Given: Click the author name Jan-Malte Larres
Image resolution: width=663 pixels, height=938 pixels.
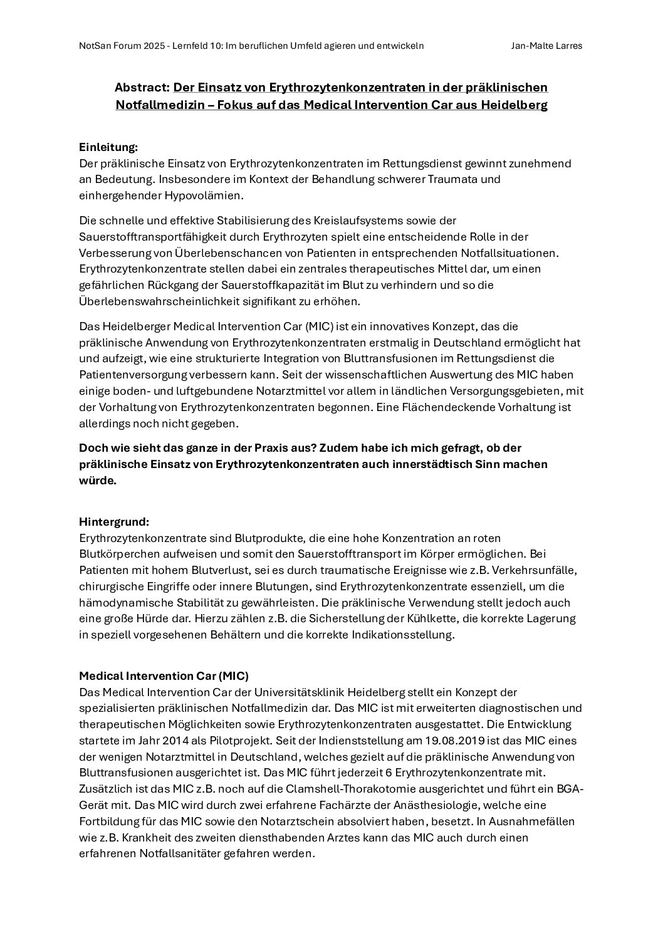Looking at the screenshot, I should [547, 46].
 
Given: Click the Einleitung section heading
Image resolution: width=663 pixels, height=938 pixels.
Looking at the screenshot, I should [108, 147].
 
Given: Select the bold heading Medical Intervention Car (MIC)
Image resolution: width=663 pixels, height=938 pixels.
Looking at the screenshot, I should [164, 676].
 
